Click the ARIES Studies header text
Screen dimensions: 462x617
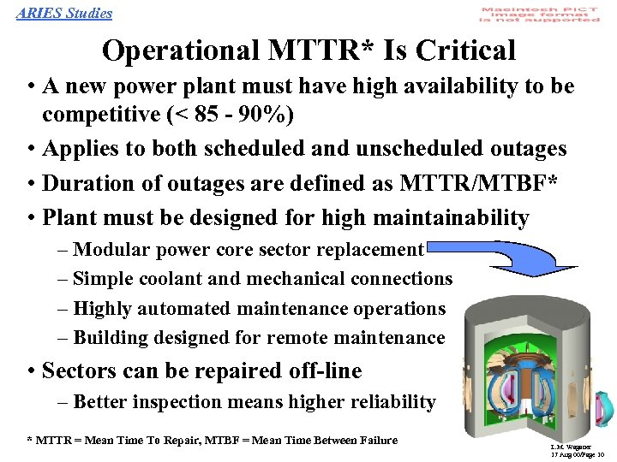click(x=64, y=13)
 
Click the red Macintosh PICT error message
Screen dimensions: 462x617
click(x=540, y=15)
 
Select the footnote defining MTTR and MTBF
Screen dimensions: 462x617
click(x=213, y=440)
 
